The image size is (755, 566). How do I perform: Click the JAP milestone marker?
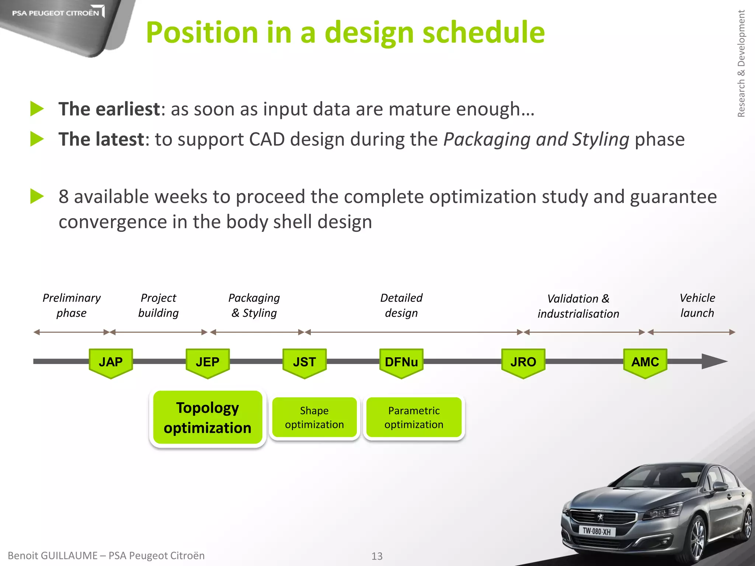[x=111, y=363]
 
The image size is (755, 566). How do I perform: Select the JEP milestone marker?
[x=208, y=363]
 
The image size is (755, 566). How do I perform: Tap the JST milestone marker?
[x=305, y=363]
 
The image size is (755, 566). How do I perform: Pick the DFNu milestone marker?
[x=401, y=363]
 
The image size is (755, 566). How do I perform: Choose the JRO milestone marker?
[x=523, y=363]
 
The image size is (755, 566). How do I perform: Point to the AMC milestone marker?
[x=645, y=363]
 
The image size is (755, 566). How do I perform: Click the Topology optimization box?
[x=208, y=418]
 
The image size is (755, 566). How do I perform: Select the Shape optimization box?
[x=314, y=418]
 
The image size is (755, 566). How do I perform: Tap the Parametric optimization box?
[x=414, y=418]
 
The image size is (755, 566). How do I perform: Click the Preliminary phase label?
[x=72, y=305]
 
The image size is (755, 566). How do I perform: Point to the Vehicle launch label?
[x=697, y=305]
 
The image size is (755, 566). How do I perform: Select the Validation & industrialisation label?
[x=578, y=306]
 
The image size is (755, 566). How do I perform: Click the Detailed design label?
[x=401, y=305]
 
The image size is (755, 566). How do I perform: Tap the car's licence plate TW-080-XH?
[x=596, y=531]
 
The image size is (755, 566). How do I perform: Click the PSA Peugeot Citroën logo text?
[x=55, y=13]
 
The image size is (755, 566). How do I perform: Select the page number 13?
[x=377, y=556]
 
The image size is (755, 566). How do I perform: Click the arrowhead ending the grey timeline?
[x=713, y=361]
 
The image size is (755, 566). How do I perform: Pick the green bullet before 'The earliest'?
[x=37, y=109]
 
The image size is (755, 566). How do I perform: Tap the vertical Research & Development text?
[x=741, y=63]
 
